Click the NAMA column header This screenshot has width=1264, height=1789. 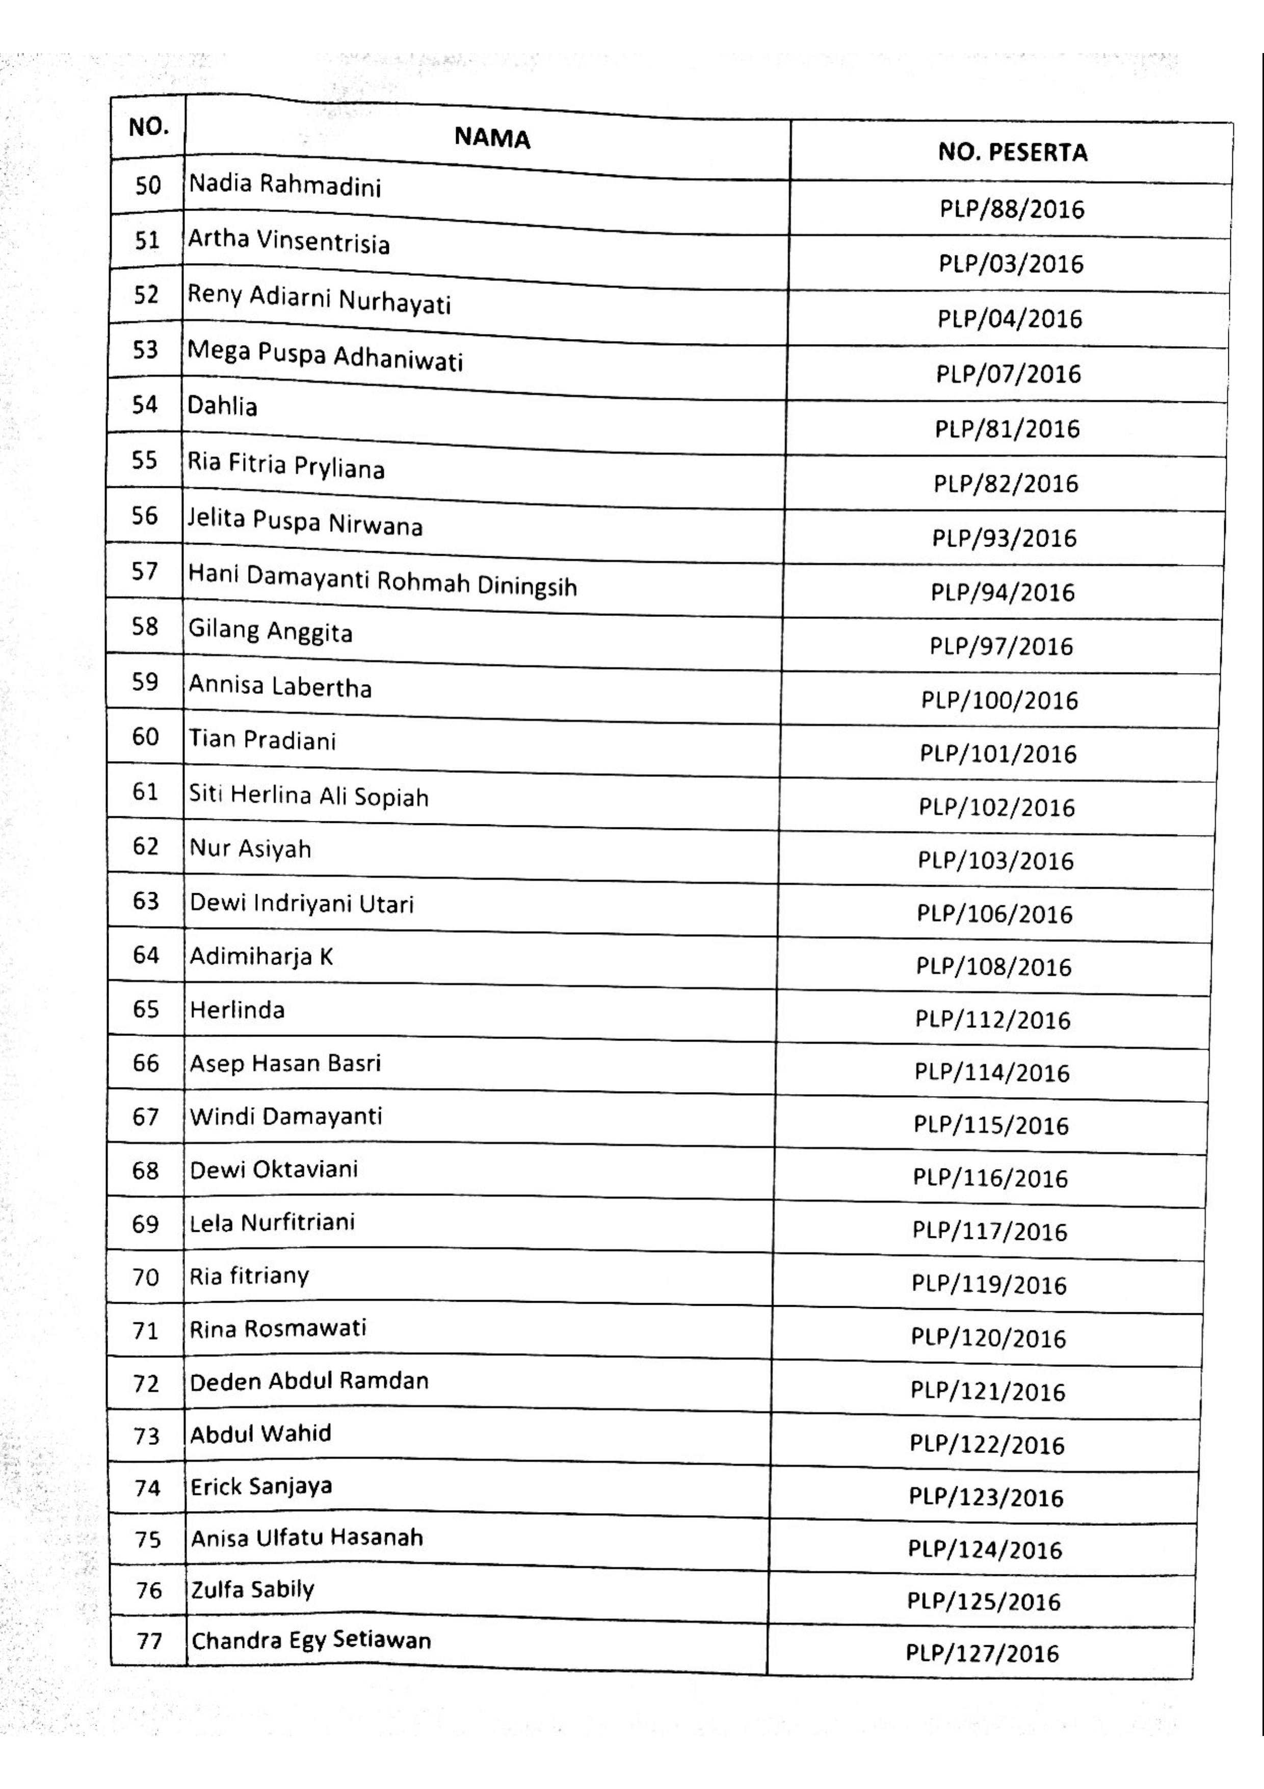click(492, 138)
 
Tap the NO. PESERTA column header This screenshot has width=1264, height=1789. click(1012, 152)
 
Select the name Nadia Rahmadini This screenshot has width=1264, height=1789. click(285, 186)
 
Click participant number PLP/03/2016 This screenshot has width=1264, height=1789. click(1011, 264)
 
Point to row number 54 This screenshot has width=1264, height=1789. click(145, 404)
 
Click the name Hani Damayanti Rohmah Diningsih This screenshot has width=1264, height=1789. click(382, 581)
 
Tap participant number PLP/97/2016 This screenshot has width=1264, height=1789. click(1002, 646)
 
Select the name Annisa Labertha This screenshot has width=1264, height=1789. click(280, 686)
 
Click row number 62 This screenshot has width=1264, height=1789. click(146, 846)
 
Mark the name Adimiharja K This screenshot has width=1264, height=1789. click(261, 956)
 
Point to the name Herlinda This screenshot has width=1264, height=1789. click(238, 1010)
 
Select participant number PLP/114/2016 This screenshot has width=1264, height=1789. click(992, 1072)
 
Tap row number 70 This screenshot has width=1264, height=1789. click(146, 1277)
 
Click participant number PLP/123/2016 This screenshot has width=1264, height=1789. click(986, 1497)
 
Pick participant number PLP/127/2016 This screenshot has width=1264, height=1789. click(982, 1653)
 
